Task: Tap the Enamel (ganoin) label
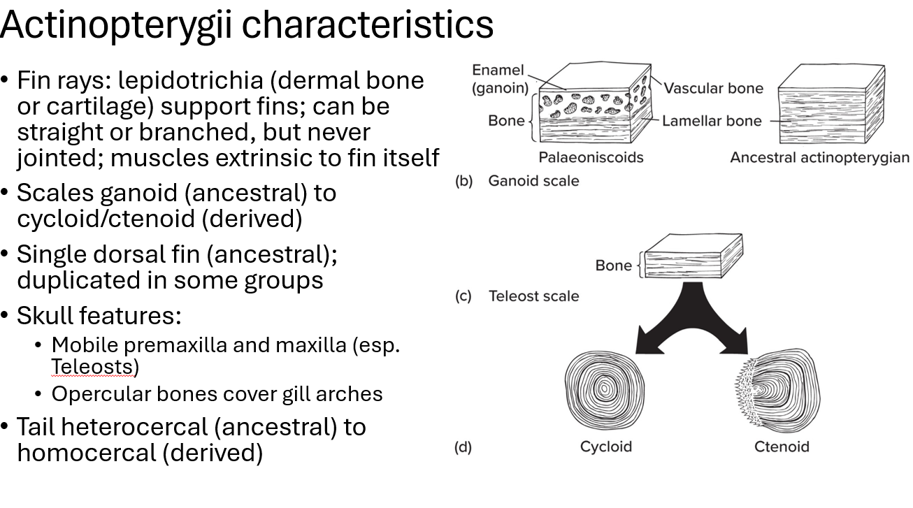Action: pos(499,80)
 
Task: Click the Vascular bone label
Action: pos(713,89)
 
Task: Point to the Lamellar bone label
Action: pos(712,121)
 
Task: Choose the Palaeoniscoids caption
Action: pos(590,158)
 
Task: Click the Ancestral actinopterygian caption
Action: pos(819,158)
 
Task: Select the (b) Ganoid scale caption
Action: pos(517,181)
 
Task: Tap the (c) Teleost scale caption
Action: pos(517,296)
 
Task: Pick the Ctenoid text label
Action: pos(781,447)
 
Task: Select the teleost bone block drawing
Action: pos(692,257)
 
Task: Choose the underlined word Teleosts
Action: pos(94,367)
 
